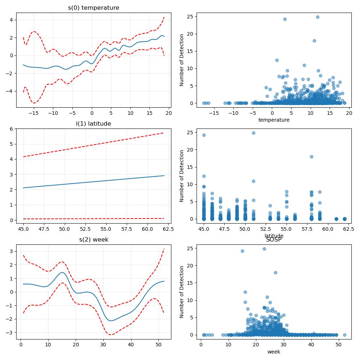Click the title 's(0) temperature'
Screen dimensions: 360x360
point(94,8)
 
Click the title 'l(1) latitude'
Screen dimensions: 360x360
point(94,124)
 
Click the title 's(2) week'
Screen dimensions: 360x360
point(94,240)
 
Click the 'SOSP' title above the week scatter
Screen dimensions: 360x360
point(274,240)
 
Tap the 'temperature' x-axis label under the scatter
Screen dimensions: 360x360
point(274,120)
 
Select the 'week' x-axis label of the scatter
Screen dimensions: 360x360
point(274,352)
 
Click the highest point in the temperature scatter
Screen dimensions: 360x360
point(318,17)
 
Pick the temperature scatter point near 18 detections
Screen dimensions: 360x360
point(314,41)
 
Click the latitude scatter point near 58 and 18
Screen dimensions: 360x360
point(311,157)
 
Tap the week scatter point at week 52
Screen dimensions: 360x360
point(345,335)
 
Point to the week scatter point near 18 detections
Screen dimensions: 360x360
point(275,273)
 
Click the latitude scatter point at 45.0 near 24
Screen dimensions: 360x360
point(204,135)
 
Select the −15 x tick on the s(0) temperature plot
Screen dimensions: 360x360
point(34,113)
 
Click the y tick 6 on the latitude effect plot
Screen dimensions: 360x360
point(12,129)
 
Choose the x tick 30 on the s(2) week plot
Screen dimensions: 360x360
point(103,345)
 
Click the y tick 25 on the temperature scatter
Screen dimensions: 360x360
point(190,17)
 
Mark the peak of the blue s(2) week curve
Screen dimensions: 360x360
point(62,273)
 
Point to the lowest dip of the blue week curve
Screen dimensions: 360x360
point(111,321)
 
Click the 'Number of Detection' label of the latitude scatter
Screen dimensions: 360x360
point(181,176)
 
